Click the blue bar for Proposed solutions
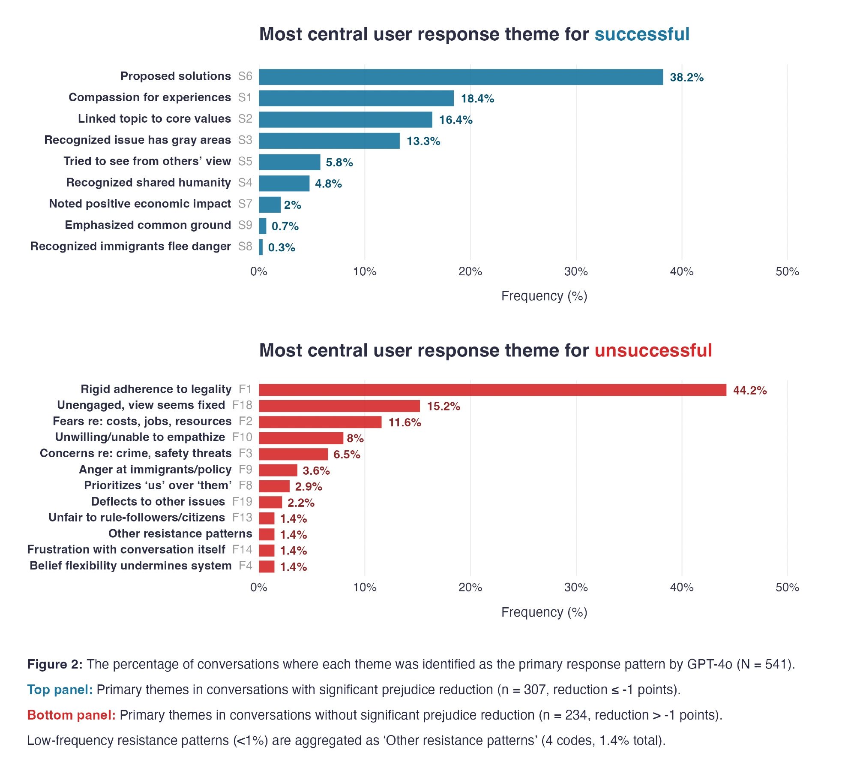pyautogui.click(x=461, y=77)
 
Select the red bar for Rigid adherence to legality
pyautogui.click(x=492, y=390)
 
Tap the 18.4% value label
pyautogui.click(x=477, y=99)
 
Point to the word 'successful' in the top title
pyautogui.click(x=641, y=34)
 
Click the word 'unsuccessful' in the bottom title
pyautogui.click(x=653, y=350)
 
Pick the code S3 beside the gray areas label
pyautogui.click(x=245, y=140)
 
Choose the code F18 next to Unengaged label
pyautogui.click(x=242, y=405)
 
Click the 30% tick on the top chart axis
pyautogui.click(x=576, y=271)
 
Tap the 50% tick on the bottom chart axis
pyautogui.click(x=787, y=587)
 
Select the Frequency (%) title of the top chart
pyautogui.click(x=544, y=296)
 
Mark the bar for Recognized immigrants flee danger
pyautogui.click(x=261, y=247)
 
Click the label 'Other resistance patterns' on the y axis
pyautogui.click(x=180, y=534)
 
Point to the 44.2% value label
pyautogui.click(x=749, y=390)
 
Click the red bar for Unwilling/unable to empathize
pyautogui.click(x=301, y=438)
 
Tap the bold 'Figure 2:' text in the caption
pyautogui.click(x=55, y=664)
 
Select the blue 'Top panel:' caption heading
pyautogui.click(x=60, y=690)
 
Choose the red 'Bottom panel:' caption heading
pyautogui.click(x=71, y=715)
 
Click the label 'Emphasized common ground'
pyautogui.click(x=148, y=225)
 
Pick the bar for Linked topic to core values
pyautogui.click(x=345, y=120)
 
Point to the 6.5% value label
pyautogui.click(x=347, y=455)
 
